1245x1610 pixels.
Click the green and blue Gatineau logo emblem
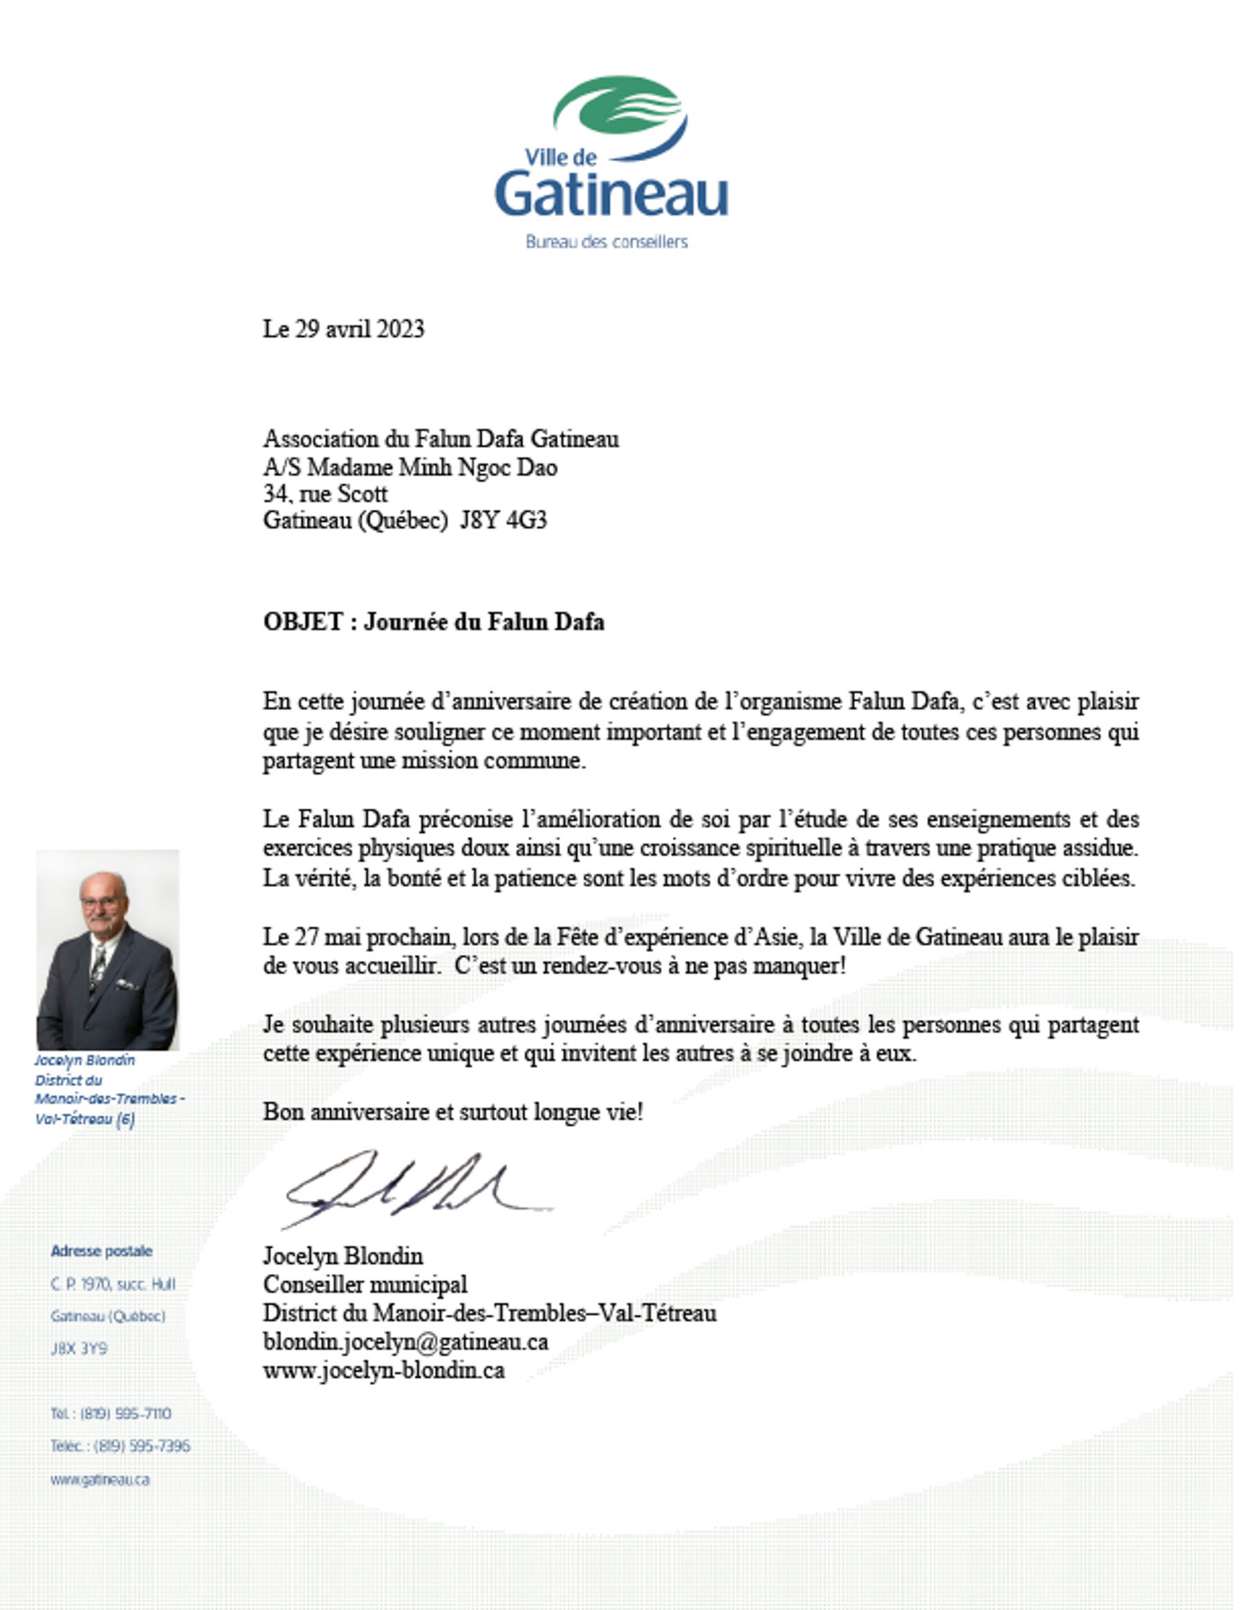point(621,118)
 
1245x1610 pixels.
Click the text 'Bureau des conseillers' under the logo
point(607,242)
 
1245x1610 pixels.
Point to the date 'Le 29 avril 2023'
point(344,329)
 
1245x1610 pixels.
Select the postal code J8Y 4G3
point(504,521)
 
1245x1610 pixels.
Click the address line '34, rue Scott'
point(325,493)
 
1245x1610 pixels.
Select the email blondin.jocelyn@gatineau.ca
point(405,1342)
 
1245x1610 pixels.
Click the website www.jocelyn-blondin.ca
point(384,1370)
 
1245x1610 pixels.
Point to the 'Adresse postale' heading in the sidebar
point(102,1251)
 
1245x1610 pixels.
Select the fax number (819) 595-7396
point(142,1445)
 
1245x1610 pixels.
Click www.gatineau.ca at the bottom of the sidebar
point(100,1479)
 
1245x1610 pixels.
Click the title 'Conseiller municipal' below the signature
point(365,1284)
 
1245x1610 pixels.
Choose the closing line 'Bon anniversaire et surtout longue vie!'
point(453,1112)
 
